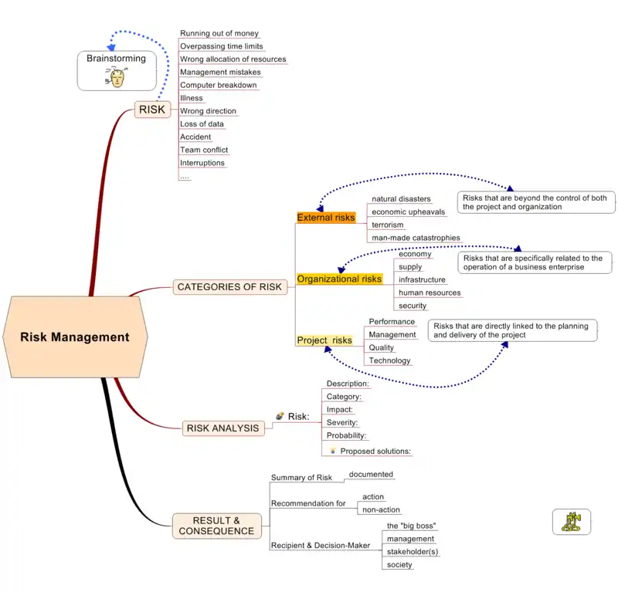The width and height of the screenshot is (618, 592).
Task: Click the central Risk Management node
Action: coord(75,337)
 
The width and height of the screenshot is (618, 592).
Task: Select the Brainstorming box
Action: coord(116,69)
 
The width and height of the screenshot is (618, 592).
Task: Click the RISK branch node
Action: coord(152,110)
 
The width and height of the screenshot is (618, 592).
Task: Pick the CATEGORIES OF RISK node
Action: coord(229,287)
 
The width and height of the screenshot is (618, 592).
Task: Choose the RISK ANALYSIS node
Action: coord(222,428)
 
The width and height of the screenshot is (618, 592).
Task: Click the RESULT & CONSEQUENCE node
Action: coord(216,526)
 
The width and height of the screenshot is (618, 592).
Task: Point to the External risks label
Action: coord(326,218)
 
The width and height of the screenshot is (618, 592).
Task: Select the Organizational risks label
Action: coord(340,279)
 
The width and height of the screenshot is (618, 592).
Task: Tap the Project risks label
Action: coord(324,340)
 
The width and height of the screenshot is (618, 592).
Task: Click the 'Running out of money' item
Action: coord(219,34)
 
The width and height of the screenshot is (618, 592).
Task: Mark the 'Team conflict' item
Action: coord(204,150)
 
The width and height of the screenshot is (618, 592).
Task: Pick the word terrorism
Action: coord(388,225)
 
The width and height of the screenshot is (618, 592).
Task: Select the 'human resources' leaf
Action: coord(430,293)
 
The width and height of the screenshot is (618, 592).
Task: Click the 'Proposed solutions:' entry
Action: coord(375,451)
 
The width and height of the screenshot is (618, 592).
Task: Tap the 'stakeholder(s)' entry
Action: coord(413,551)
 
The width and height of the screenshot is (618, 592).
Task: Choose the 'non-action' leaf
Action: coord(381,509)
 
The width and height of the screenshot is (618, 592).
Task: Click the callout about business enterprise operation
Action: coord(535,262)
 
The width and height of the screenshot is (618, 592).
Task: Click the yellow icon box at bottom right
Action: coord(572,522)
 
